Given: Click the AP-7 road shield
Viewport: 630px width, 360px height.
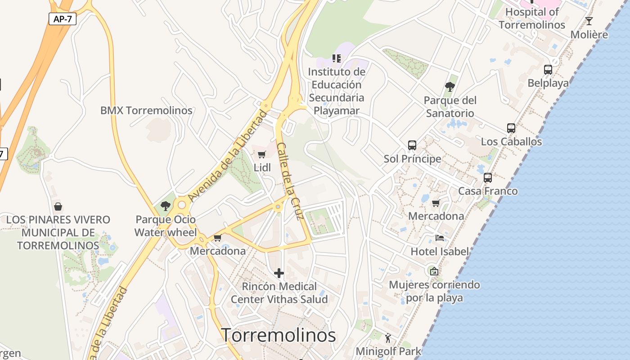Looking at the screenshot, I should (63, 19).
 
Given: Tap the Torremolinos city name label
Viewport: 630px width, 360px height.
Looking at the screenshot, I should (279, 335).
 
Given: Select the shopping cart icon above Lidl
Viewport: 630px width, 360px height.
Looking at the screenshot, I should (262, 155).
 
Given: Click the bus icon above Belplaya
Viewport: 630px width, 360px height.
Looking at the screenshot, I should (548, 70).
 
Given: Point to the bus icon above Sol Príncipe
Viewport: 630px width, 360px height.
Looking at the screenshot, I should (412, 145).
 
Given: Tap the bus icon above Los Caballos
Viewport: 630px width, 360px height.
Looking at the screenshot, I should (511, 128).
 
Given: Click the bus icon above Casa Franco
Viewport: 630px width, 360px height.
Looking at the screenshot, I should (488, 178).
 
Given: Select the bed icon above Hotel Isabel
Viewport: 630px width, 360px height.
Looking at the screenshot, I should (440, 238).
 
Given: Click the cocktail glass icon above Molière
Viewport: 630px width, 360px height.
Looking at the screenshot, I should (589, 21).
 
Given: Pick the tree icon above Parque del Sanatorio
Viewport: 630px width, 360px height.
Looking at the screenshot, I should (450, 87).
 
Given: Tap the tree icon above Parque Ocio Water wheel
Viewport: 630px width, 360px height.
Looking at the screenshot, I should (166, 206).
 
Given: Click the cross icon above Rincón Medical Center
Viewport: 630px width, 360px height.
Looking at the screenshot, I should (279, 273).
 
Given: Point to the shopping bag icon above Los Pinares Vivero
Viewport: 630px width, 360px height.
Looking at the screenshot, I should (58, 207).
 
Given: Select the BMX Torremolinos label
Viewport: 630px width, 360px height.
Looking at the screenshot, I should (146, 110).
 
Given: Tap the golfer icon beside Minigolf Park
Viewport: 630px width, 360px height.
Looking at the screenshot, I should (388, 337).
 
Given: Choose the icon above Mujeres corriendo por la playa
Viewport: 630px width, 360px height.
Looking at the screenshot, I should (434, 271).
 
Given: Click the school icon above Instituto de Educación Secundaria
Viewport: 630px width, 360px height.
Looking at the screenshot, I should (337, 58).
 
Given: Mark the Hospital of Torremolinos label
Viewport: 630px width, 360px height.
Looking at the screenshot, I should (532, 18).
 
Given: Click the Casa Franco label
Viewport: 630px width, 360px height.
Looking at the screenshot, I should (488, 191).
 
